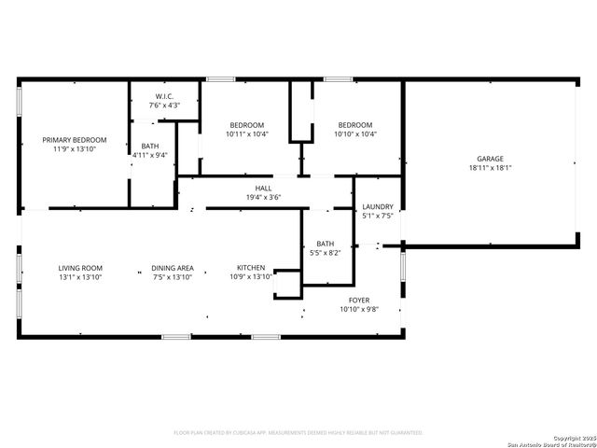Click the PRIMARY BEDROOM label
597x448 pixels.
tap(75, 140)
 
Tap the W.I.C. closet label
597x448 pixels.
tap(164, 96)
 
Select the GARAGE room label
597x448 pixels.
tap(490, 159)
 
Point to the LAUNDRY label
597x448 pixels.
tap(378, 207)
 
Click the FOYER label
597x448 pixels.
tap(359, 301)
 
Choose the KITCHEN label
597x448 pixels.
tap(251, 268)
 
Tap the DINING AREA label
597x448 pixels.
tap(173, 268)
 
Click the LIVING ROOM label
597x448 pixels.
tap(80, 268)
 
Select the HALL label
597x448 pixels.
tap(263, 188)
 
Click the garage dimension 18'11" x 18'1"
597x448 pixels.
tap(490, 168)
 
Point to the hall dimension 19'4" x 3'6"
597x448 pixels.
tap(263, 197)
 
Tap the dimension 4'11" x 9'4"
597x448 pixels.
tap(150, 155)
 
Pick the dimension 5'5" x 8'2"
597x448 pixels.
tap(325, 253)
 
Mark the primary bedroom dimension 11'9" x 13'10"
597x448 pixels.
tap(75, 149)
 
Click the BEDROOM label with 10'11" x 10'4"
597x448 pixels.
tap(247, 125)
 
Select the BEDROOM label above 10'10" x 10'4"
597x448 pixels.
tap(355, 125)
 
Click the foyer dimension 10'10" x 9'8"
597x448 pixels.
tap(359, 309)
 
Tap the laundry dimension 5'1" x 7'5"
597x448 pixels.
tap(378, 216)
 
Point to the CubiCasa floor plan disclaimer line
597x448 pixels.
tap(298, 433)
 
